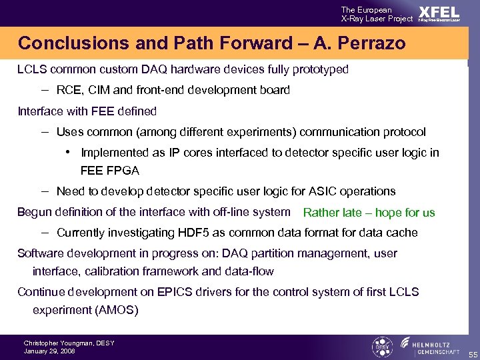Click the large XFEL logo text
point(439,12)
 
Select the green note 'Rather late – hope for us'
point(369,213)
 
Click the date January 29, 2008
point(49,351)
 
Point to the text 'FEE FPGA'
point(110,170)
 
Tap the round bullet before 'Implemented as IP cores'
point(69,152)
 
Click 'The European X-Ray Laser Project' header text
point(377,14)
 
